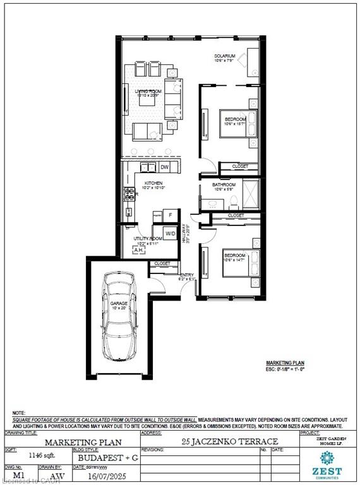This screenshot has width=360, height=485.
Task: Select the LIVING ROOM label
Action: (149, 92)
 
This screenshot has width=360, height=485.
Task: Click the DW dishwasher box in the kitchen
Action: (164, 167)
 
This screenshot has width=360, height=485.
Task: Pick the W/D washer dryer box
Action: (171, 234)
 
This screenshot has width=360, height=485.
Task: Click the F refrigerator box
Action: (170, 215)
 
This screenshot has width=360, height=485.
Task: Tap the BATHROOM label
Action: (224, 185)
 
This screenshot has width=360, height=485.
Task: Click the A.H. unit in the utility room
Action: (138, 250)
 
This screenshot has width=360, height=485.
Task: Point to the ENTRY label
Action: (186, 275)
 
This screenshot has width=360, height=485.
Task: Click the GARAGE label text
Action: (119, 304)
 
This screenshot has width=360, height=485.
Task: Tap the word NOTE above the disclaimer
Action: (18, 412)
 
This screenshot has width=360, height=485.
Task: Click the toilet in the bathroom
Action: (233, 201)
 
